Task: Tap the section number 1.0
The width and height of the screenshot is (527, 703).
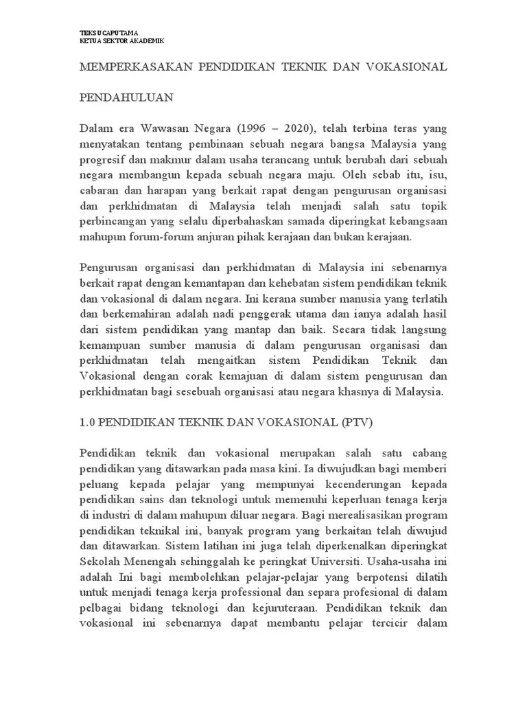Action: point(88,423)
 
